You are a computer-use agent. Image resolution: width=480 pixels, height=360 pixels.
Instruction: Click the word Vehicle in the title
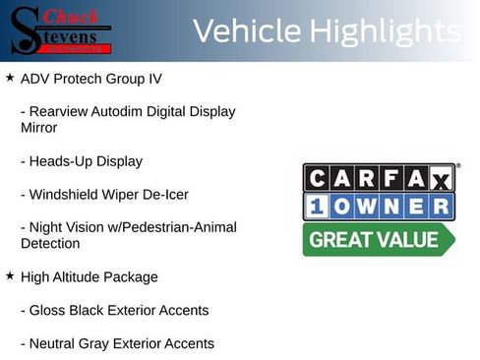click(246, 31)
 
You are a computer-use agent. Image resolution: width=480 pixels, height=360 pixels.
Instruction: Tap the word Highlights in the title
click(384, 31)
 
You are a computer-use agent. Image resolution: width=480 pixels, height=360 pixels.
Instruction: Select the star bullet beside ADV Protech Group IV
click(10, 76)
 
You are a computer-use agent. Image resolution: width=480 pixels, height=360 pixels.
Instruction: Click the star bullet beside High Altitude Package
click(10, 276)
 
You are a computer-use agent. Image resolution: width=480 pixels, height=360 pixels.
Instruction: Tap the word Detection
click(50, 243)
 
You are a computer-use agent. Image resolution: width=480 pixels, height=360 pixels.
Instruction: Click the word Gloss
click(49, 311)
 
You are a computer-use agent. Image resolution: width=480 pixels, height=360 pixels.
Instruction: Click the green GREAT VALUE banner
click(378, 239)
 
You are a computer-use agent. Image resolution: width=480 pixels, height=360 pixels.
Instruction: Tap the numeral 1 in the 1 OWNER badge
click(317, 207)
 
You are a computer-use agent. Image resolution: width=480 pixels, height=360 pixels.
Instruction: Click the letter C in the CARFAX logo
click(317, 178)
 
